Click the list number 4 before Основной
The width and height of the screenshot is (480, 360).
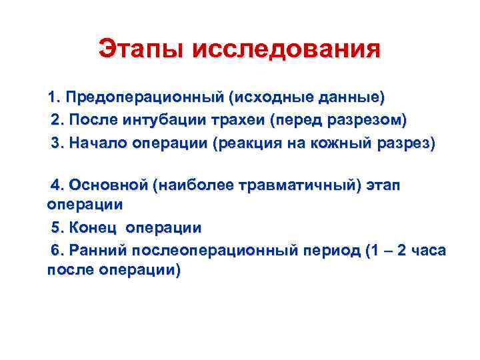[x=56, y=185]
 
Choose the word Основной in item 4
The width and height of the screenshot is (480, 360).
[x=107, y=185]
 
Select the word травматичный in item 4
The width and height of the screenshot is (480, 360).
[x=297, y=185]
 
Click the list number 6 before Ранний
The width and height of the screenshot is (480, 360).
[x=56, y=251]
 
